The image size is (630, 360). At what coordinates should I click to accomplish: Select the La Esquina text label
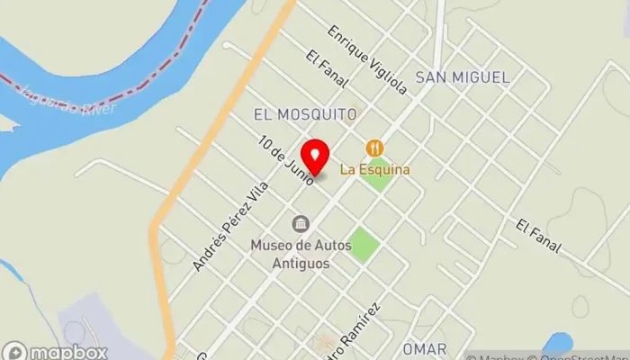374,169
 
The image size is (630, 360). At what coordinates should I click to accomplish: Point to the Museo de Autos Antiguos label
290,253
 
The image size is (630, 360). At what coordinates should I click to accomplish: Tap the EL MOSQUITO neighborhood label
305,114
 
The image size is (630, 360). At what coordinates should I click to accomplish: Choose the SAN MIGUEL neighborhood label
462,77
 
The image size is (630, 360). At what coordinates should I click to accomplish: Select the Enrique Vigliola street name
367,59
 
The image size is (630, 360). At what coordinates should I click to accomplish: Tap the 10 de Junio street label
286,161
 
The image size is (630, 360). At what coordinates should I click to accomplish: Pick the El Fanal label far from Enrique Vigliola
539,235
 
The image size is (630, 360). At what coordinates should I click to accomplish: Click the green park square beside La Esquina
378,174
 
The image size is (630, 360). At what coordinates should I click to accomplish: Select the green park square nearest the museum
364,244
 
